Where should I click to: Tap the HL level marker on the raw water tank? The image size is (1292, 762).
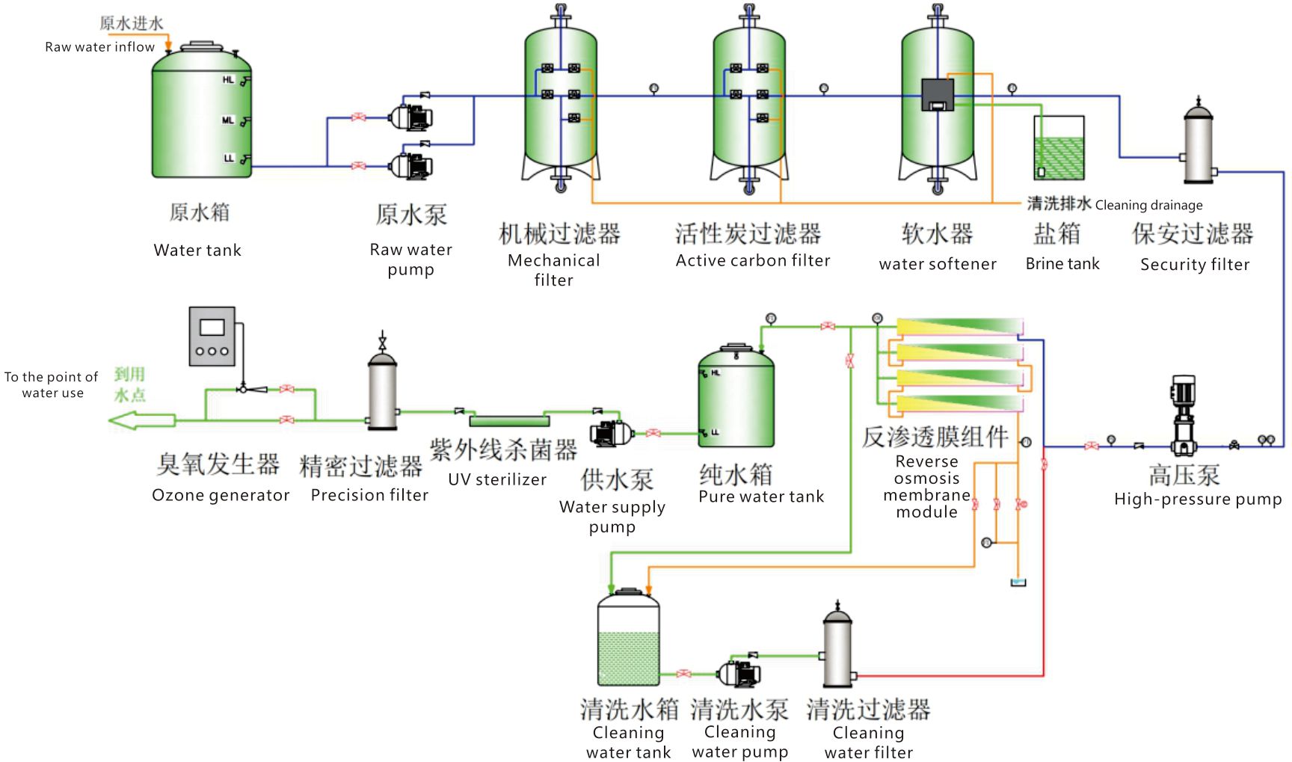228,79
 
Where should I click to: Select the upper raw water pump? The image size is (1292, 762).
410,117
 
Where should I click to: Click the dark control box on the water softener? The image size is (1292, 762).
938,95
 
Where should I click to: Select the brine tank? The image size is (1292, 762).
1059,147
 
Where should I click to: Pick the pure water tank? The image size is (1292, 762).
736,396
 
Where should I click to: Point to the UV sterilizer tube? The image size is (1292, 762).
509,421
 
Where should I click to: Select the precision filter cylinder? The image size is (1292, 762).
383,389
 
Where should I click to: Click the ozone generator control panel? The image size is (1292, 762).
212,337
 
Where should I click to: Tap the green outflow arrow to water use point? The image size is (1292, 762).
142,421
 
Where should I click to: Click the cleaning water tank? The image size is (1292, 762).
628,637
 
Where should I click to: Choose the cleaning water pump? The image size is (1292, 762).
739,673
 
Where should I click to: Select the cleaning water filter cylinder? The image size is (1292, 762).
837,647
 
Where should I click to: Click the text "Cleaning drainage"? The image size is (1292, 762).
1148,205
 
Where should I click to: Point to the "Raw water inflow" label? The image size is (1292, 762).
99,46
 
